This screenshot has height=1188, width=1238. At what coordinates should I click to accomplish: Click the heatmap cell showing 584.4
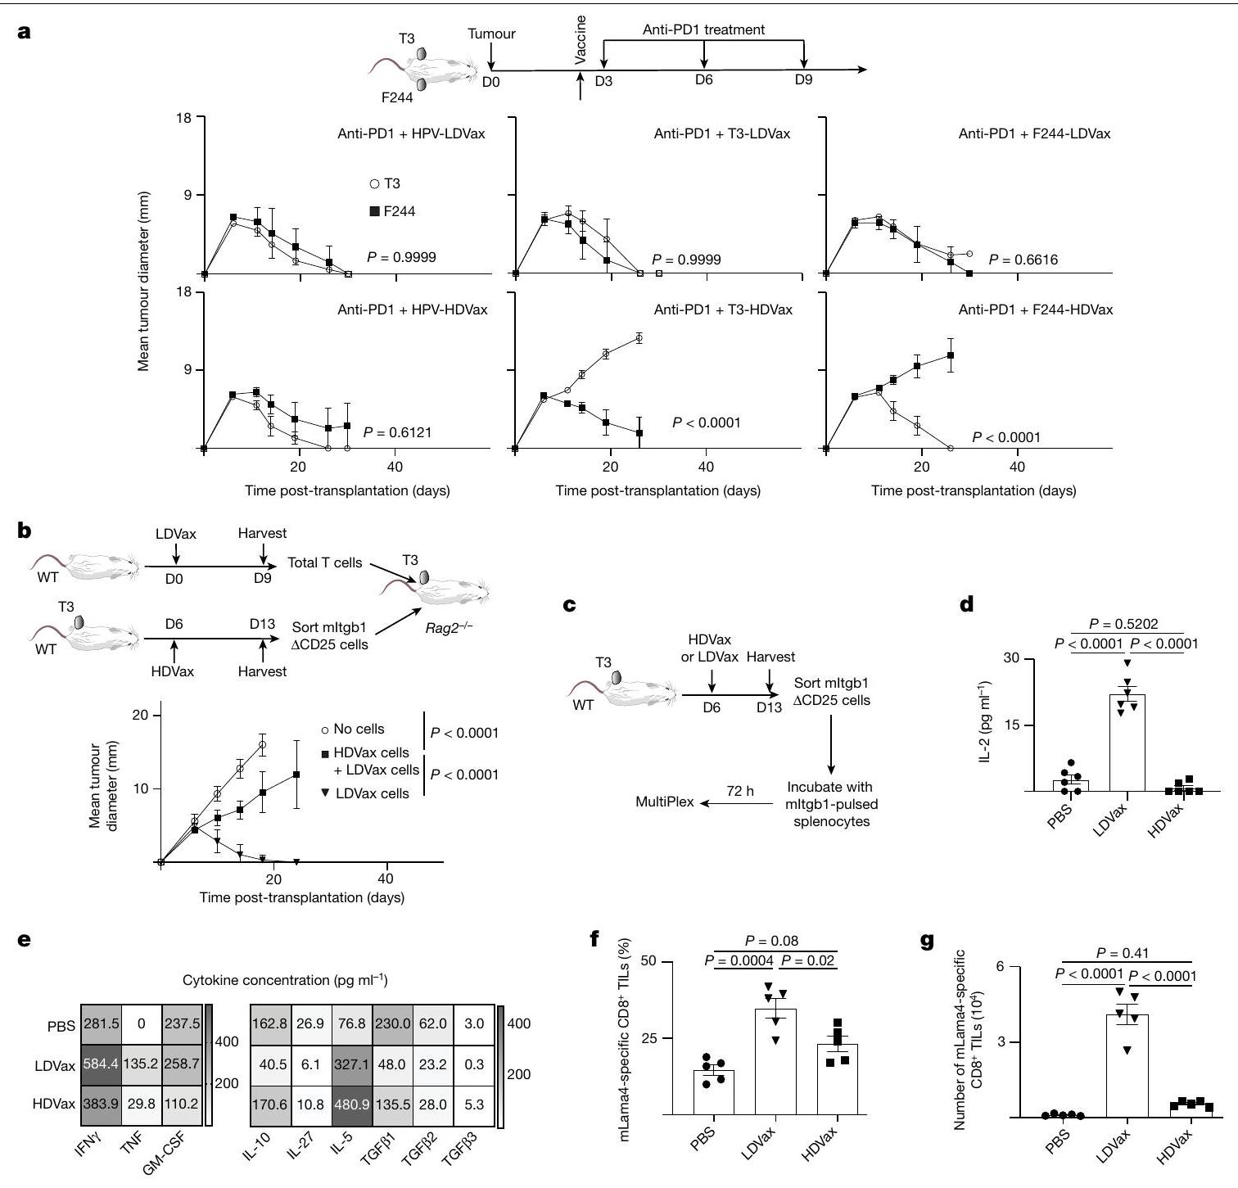pos(101,1066)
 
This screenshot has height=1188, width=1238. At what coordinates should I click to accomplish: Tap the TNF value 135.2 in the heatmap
pos(141,1066)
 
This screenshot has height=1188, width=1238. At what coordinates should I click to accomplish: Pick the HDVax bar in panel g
pos(1191,1110)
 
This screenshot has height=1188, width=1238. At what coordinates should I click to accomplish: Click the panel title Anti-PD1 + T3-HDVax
pos(723,309)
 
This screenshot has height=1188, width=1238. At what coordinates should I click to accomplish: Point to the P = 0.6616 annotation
pos(1023,260)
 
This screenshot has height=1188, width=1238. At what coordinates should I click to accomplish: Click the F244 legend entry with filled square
pos(393,211)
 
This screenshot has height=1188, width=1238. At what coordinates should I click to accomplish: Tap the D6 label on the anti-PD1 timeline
pos(703,80)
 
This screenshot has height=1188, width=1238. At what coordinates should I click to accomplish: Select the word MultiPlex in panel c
pos(664,802)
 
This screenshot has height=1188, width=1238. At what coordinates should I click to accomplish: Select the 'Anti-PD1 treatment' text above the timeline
pos(703,30)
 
